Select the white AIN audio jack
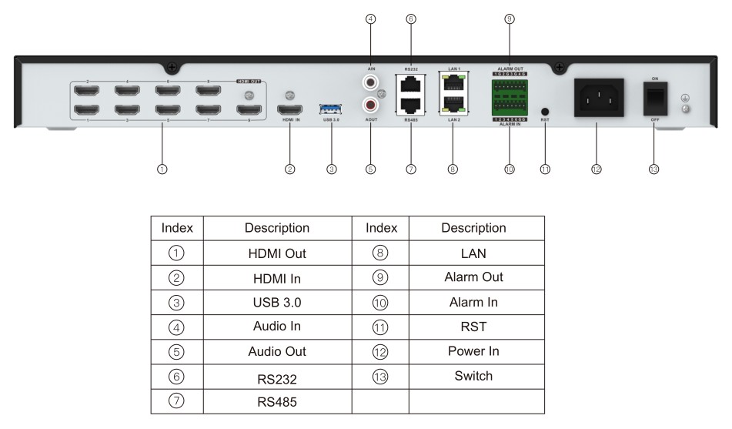371,80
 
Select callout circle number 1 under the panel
162,169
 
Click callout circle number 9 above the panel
509,19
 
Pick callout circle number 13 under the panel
654,169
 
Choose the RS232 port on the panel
411,83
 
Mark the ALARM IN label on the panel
509,126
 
